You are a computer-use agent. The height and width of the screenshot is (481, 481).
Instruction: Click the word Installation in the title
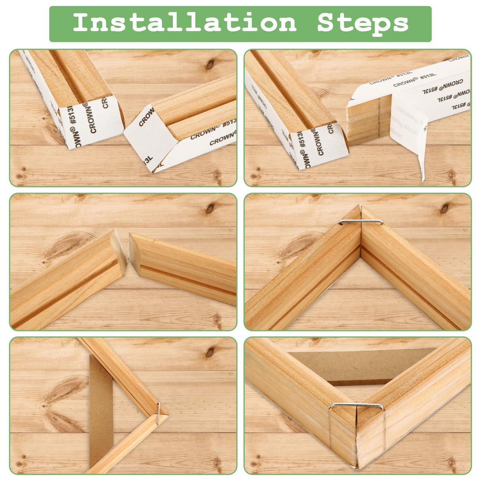(x=184, y=23)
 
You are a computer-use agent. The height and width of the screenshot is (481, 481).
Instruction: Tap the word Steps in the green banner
(x=362, y=23)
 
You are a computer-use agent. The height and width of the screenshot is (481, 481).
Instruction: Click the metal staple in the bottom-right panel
(x=357, y=406)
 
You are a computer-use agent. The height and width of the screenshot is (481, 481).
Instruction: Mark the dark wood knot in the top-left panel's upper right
(x=210, y=64)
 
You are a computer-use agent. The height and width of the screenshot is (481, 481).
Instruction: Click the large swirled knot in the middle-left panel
(x=63, y=244)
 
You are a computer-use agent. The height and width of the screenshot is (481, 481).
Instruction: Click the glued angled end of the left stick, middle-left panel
(x=118, y=250)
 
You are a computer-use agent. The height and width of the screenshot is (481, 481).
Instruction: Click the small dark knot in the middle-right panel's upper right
(x=445, y=208)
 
